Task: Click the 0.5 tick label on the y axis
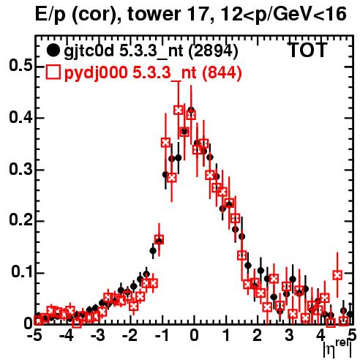pyautogui.click(x=20, y=66)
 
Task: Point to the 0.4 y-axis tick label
pyautogui.click(x=20, y=117)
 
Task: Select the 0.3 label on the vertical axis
pyautogui.click(x=20, y=169)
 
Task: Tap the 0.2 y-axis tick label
pyautogui.click(x=20, y=220)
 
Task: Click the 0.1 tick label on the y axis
pyautogui.click(x=22, y=272)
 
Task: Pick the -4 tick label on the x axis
pyautogui.click(x=67, y=336)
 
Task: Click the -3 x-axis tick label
pyautogui.click(x=98, y=336)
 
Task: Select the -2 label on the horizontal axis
pyautogui.click(x=130, y=336)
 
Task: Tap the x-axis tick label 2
pyautogui.click(x=258, y=336)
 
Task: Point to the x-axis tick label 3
pyautogui.click(x=289, y=336)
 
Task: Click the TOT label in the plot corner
pyautogui.click(x=308, y=50)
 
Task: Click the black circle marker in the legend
pyautogui.click(x=53, y=50)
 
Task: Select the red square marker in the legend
pyautogui.click(x=53, y=72)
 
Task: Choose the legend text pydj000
pyautogui.click(x=96, y=72)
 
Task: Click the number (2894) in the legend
pyautogui.click(x=214, y=51)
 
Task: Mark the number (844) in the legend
pyautogui.click(x=222, y=72)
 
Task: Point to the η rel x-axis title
pyautogui.click(x=337, y=348)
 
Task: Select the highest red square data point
pyautogui.click(x=179, y=110)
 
